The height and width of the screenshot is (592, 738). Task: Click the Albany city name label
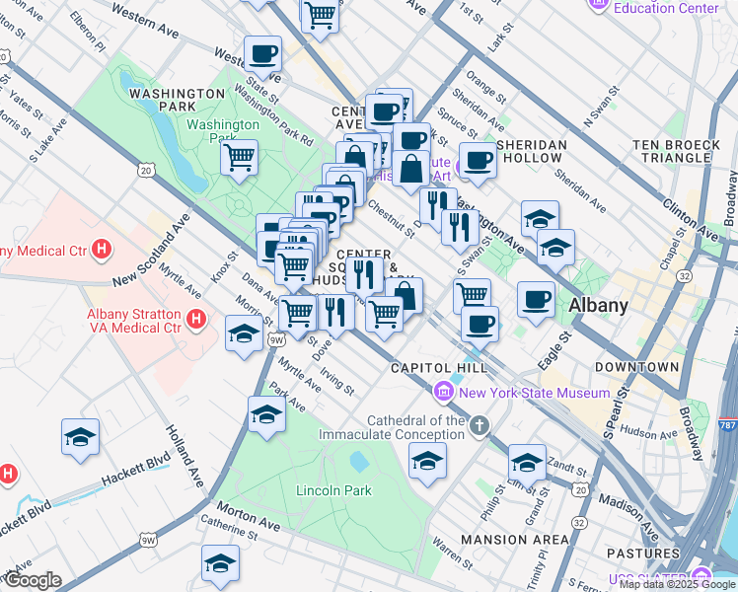click(x=598, y=305)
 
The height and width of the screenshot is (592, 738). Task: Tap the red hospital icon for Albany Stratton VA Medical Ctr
click(x=196, y=320)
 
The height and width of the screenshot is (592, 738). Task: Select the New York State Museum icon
click(x=444, y=393)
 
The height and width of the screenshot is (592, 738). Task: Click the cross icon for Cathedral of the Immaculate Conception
click(x=479, y=426)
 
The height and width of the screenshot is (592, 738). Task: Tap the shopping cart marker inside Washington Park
click(x=239, y=156)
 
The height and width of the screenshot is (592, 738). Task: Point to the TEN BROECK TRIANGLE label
click(x=677, y=151)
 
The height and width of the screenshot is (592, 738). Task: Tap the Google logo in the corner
click(x=32, y=580)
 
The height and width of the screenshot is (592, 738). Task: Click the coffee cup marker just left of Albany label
click(x=536, y=298)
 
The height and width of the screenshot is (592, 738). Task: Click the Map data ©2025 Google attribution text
click(x=676, y=584)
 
